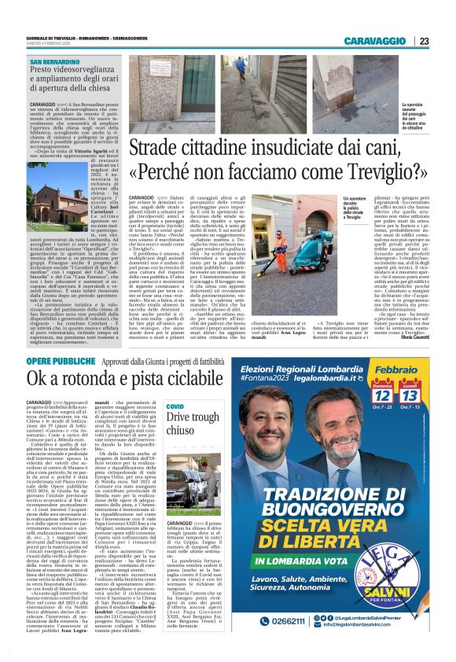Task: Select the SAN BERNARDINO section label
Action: click(x=55, y=61)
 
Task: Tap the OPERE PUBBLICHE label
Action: click(x=57, y=382)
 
